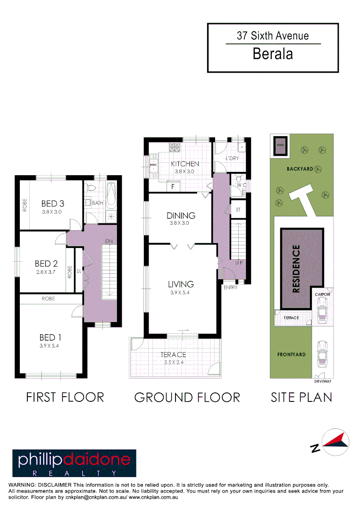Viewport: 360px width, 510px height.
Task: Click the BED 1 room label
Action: coord(50,338)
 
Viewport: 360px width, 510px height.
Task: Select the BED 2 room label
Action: coord(46,263)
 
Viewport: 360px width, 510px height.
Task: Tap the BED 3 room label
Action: coord(52,204)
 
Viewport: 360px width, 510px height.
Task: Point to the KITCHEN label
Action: coord(185,164)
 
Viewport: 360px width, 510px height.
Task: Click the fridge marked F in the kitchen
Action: coord(173,187)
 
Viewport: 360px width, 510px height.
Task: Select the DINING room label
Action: coord(181,216)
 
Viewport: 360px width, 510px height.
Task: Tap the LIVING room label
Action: coord(181,284)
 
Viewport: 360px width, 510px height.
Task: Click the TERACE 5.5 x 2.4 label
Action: coord(173,355)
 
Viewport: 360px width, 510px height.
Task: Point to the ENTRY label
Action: coord(231,287)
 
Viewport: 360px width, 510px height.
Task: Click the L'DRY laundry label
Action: coord(232,158)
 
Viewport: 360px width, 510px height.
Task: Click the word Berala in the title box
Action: coord(273,54)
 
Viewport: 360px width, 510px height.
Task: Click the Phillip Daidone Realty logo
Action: coord(74,462)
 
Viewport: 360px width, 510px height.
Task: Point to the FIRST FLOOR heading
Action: coord(65,397)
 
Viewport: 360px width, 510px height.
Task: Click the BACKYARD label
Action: coord(300,169)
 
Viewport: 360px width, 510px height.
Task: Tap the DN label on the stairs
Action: coord(109,241)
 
